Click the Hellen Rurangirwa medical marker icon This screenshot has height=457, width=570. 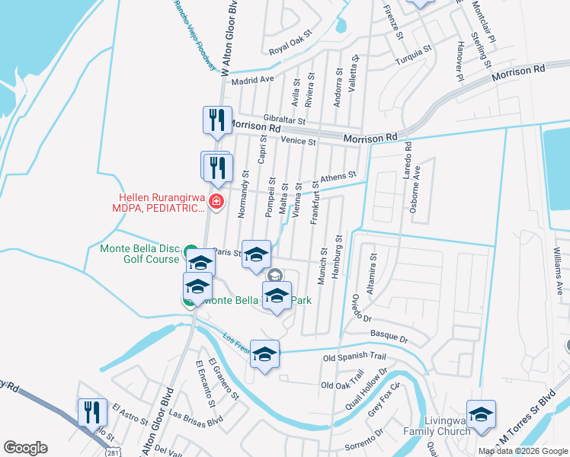click(x=216, y=202)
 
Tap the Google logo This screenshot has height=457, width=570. click(x=25, y=447)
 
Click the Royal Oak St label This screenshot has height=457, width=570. click(x=290, y=53)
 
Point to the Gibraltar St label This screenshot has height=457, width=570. click(x=284, y=120)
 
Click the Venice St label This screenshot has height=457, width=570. click(x=297, y=141)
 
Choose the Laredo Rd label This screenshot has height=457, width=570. click(x=408, y=160)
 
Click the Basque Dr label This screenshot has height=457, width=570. click(x=389, y=335)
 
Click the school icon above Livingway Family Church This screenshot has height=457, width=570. click(x=481, y=414)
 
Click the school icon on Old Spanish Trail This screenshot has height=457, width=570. click(x=265, y=354)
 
